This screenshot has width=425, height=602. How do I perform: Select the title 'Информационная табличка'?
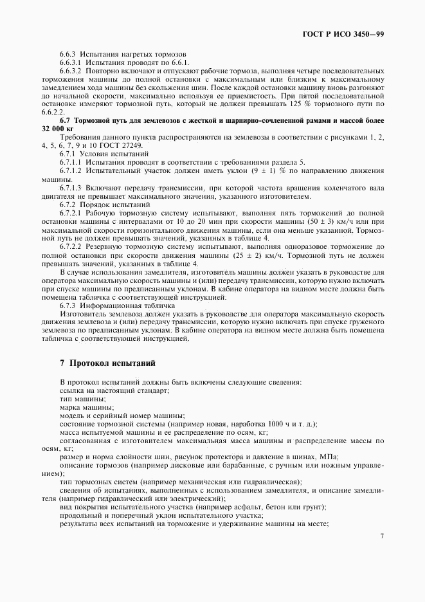click(x=125, y=305)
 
